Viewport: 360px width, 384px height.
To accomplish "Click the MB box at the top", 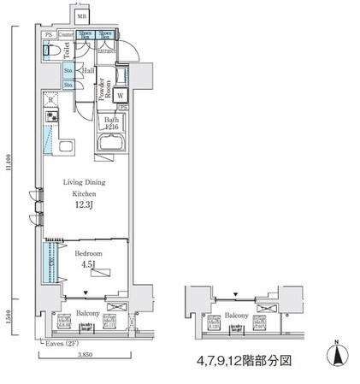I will coord(81,17).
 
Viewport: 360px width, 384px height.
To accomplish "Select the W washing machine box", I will coord(121,96).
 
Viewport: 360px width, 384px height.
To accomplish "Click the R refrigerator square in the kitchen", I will coord(50,100).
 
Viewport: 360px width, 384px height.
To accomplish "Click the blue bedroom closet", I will coord(50,264).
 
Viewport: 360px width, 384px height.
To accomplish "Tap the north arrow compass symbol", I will coord(335,352).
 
